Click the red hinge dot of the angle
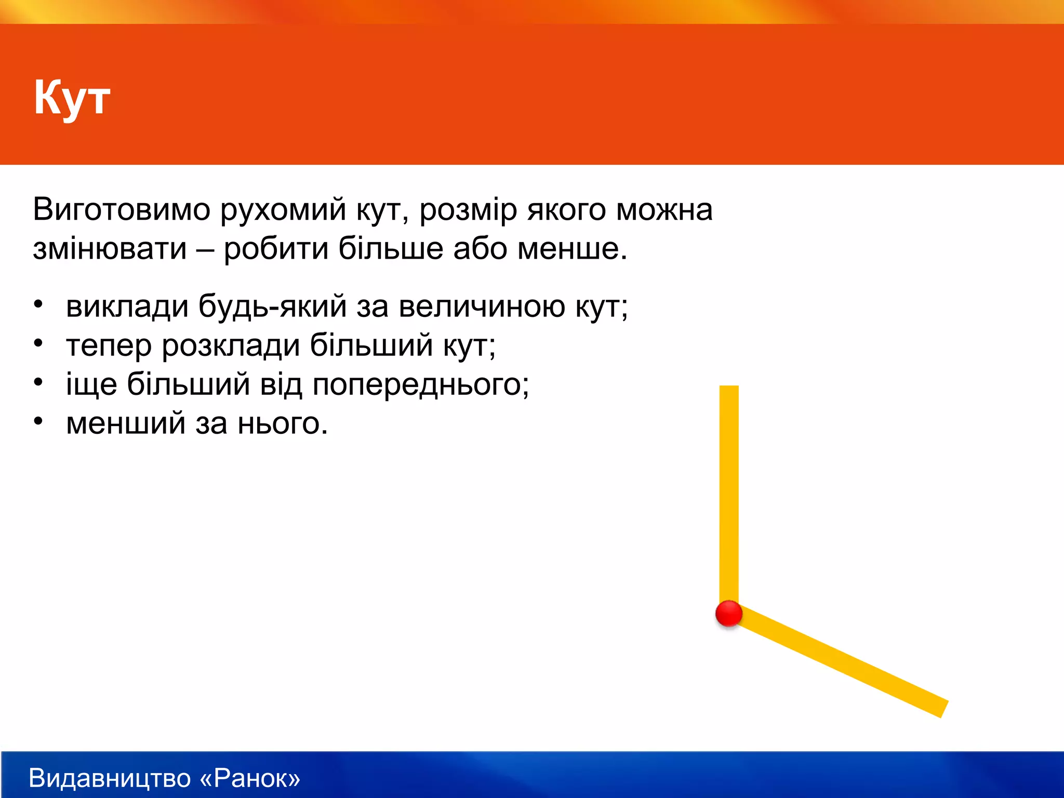coord(729,614)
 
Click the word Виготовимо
coord(122,209)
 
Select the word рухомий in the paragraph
coord(283,210)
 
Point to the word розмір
coord(468,210)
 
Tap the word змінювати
coord(110,249)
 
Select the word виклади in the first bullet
coord(127,306)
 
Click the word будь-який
coord(272,306)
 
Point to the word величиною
coord(482,306)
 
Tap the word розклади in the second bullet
coord(231,345)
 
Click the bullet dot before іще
coord(38,382)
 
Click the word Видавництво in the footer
coord(110,778)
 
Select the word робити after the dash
coord(276,249)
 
